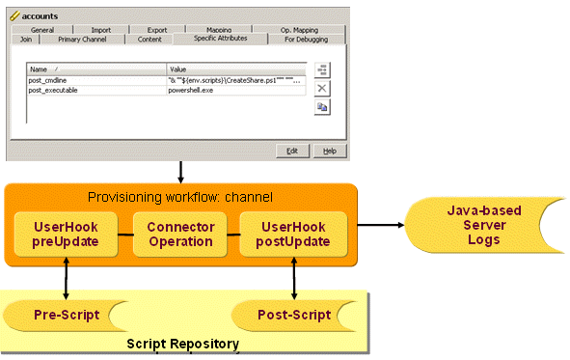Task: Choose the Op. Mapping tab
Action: click(x=297, y=30)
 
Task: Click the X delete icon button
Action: click(x=322, y=88)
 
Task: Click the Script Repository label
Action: click(x=182, y=344)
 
